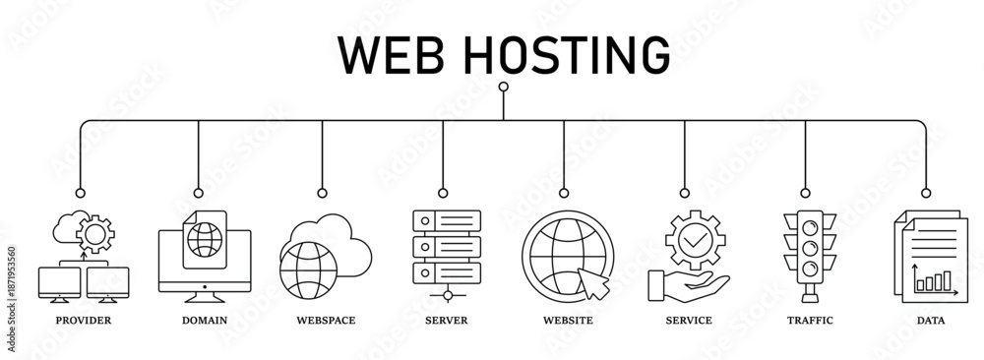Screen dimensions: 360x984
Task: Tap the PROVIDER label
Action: (84, 321)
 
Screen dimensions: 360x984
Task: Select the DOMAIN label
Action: (205, 321)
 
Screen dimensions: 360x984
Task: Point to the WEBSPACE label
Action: (326, 321)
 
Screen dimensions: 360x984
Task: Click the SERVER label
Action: (447, 321)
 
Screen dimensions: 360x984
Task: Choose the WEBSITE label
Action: (568, 321)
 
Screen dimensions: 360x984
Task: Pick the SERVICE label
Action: (689, 321)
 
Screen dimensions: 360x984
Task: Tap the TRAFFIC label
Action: (810, 321)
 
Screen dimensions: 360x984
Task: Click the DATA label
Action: (930, 321)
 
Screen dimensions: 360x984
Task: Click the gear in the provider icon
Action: (95, 234)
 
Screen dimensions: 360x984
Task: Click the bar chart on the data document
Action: (933, 282)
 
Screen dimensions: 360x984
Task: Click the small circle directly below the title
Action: (503, 88)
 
